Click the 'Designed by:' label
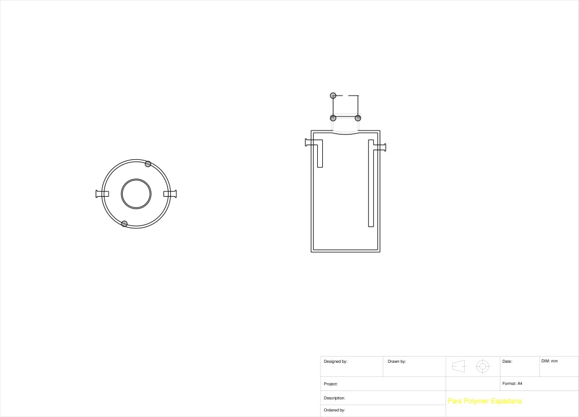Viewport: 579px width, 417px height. [x=335, y=361]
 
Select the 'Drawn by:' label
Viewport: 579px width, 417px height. [x=396, y=361]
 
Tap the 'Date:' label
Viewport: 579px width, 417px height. [x=507, y=361]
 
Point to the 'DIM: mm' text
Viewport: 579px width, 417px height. [x=550, y=361]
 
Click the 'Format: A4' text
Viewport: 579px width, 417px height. [x=512, y=384]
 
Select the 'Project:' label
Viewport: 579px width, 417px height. [x=330, y=384]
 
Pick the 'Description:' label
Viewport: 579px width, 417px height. [x=334, y=398]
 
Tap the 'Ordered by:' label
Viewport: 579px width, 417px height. [x=334, y=410]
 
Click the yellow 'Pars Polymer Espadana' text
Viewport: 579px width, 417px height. [x=485, y=401]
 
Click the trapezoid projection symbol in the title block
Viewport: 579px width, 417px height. [x=459, y=367]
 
